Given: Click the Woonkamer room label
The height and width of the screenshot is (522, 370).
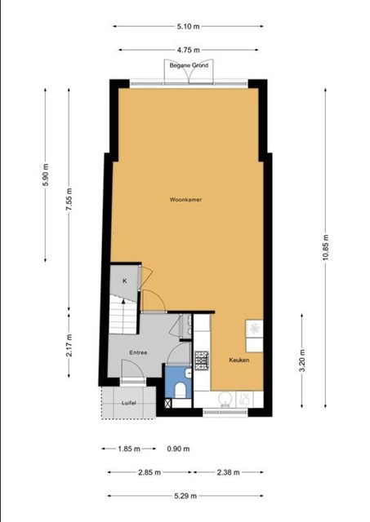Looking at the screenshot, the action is tap(185, 200).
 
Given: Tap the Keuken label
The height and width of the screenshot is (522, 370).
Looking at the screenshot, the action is tap(239, 360).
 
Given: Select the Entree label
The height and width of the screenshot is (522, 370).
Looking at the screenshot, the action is tap(138, 352).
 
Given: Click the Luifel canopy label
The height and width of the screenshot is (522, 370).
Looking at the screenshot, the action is tap(129, 403).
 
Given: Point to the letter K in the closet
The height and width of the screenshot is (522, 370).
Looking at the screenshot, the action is tap(125, 281).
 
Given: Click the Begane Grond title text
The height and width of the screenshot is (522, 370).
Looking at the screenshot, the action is tap(189, 65).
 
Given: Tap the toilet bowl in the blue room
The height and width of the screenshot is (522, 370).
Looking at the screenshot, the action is tap(180, 390).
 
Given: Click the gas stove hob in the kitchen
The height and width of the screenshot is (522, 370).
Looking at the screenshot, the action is tap(202, 361).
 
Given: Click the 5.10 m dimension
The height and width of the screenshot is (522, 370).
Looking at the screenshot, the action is tap(189, 26).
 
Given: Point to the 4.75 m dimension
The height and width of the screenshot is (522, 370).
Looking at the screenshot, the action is tap(189, 50).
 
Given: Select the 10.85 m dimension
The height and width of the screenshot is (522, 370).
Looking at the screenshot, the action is tap(326, 247).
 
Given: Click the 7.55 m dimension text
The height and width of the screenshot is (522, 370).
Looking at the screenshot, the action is tap(69, 199).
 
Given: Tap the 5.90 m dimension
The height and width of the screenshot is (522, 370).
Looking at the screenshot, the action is tap(46, 175).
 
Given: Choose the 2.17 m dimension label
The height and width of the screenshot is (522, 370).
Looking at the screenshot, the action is tap(69, 345).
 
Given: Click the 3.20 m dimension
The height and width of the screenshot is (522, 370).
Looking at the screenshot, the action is tap(302, 361).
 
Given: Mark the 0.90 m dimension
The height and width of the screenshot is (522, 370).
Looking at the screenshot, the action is tap(178, 449).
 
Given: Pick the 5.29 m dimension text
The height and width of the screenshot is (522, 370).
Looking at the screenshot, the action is tap(185, 496).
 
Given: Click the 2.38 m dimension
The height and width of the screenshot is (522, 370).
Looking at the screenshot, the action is tap(229, 472).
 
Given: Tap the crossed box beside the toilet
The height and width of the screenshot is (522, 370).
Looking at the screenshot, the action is tap(168, 403).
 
